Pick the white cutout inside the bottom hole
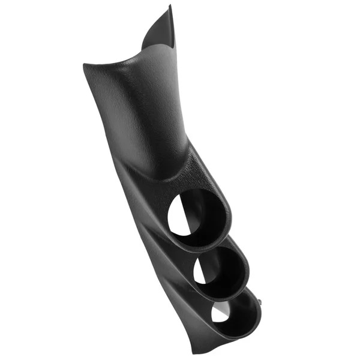(221, 313)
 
